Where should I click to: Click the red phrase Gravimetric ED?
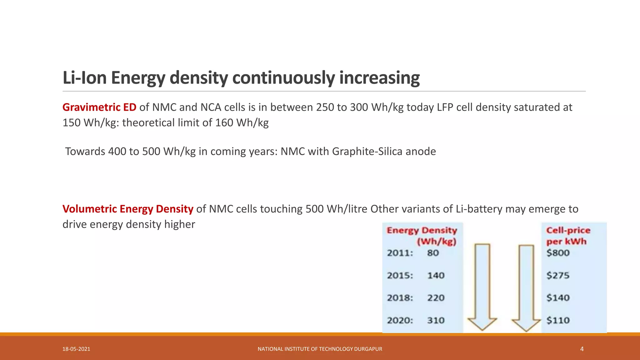pyautogui.click(x=99, y=107)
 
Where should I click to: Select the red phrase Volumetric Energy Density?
pyautogui.click(x=128, y=209)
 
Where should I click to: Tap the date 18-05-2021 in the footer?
pyautogui.click(x=76, y=349)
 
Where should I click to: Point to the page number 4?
pyautogui.click(x=582, y=349)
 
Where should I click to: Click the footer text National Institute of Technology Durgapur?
pyautogui.click(x=320, y=349)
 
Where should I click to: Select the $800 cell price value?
pyautogui.click(x=558, y=253)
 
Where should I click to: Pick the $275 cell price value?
pyautogui.click(x=558, y=275)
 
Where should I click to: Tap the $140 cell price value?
pyautogui.click(x=558, y=298)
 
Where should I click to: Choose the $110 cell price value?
pyautogui.click(x=558, y=320)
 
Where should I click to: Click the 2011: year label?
pyautogui.click(x=400, y=253)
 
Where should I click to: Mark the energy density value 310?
pyautogui.click(x=436, y=320)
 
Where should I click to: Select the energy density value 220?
pyautogui.click(x=436, y=298)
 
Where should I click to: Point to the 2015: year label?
pyautogui.click(x=400, y=275)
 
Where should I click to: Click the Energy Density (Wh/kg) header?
pyautogui.click(x=422, y=236)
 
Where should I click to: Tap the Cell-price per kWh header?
pyautogui.click(x=568, y=236)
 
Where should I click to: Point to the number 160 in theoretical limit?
pyautogui.click(x=224, y=122)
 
